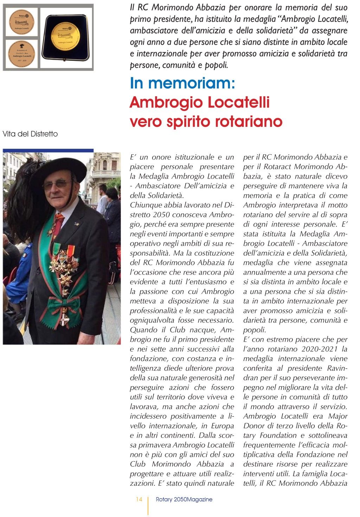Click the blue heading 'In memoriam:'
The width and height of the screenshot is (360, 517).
pos(182,83)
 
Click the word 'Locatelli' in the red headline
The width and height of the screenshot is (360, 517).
pos(239,102)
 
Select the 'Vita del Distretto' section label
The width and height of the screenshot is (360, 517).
pos(30,134)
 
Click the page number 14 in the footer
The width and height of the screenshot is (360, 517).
pos(139,499)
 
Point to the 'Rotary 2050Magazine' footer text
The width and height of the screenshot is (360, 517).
pos(184,499)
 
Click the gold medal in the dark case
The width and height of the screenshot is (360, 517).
pos(66,37)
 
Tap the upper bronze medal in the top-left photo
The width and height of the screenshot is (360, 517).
pos(21,21)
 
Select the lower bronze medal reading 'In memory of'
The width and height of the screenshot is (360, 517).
pos(21,53)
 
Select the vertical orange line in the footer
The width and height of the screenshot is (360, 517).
pos(148,505)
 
